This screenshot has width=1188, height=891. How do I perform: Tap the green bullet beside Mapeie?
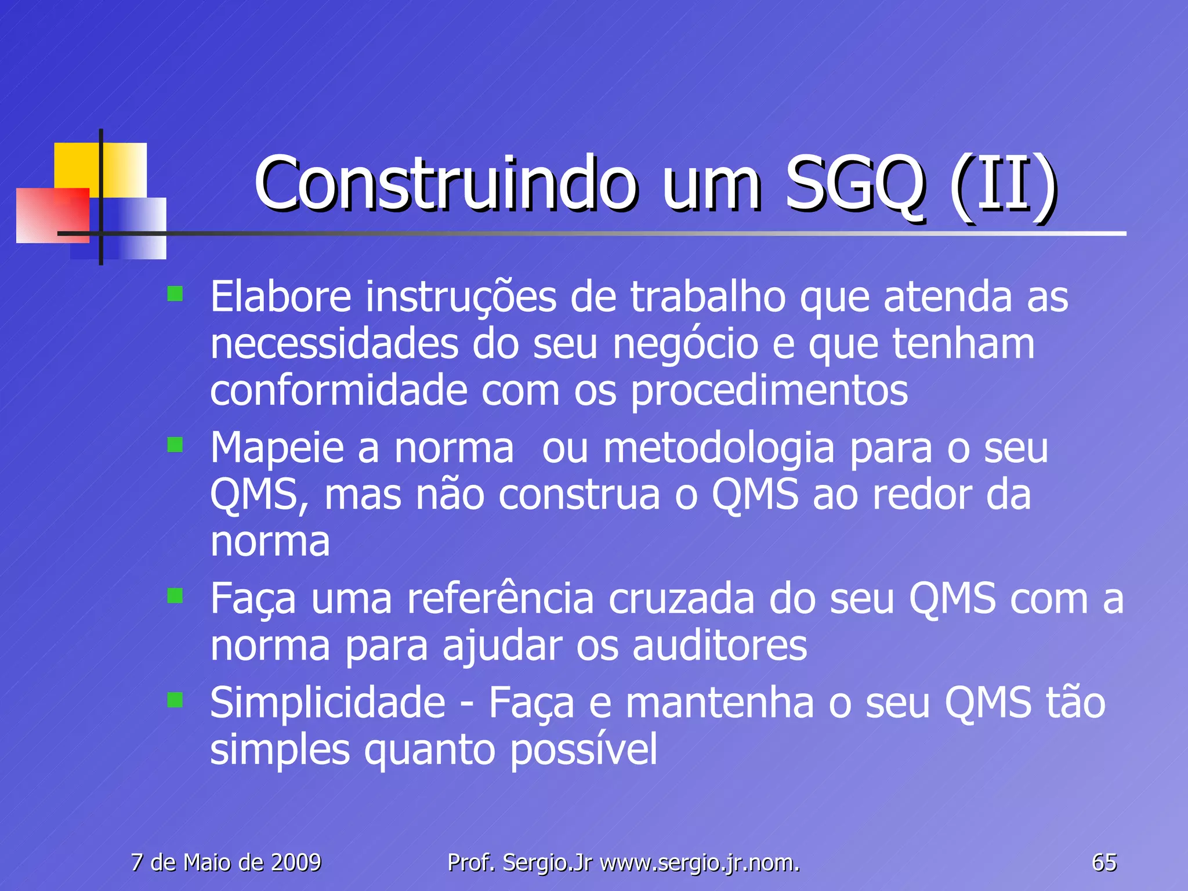coord(175,445)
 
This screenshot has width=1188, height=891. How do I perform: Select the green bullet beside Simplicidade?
coord(175,700)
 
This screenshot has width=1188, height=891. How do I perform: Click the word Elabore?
coord(281,297)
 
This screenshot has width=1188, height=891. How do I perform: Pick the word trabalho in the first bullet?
coord(708,297)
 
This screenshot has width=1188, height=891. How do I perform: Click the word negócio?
coord(686,345)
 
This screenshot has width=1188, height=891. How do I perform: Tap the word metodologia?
coord(719,449)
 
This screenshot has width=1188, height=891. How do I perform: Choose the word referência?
coord(500,599)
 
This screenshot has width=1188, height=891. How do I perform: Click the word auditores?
coord(719,646)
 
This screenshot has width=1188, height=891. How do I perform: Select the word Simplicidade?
coord(328,703)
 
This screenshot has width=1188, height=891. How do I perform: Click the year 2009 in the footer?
coord(296,863)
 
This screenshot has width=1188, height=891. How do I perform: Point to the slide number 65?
coord(1104,863)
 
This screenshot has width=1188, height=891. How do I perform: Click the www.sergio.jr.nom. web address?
coord(700,863)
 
